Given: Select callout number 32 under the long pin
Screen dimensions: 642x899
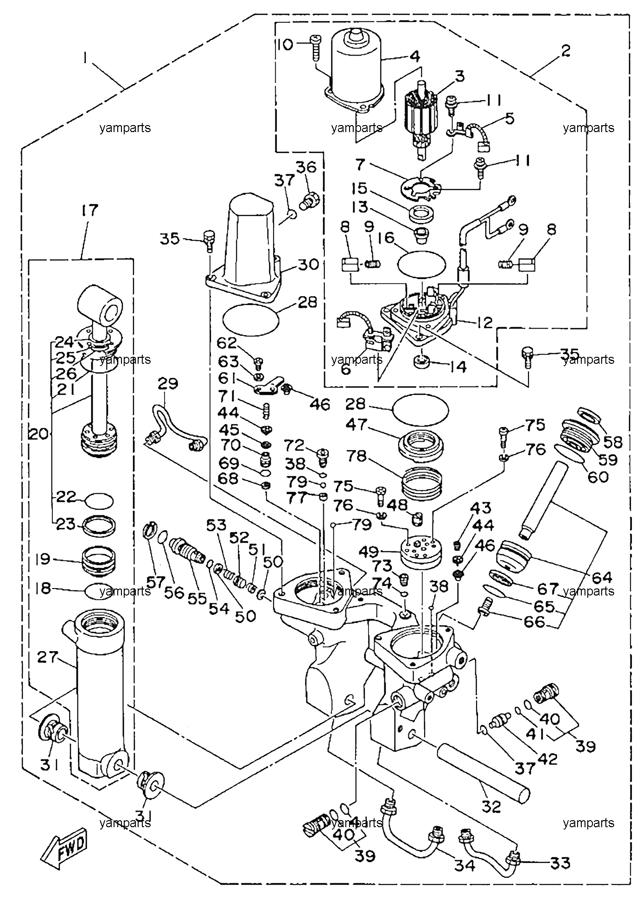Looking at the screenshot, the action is tap(491, 806).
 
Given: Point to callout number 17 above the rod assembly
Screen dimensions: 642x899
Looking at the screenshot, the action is tap(90, 210).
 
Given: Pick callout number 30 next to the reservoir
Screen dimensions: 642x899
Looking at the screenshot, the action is tap(308, 265).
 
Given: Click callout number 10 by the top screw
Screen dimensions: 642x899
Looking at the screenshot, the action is tap(286, 45).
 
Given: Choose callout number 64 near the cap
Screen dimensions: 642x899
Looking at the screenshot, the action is tap(602, 577).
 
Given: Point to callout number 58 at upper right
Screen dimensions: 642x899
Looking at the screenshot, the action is tap(612, 442).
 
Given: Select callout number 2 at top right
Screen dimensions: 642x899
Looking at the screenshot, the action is tap(565, 51).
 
